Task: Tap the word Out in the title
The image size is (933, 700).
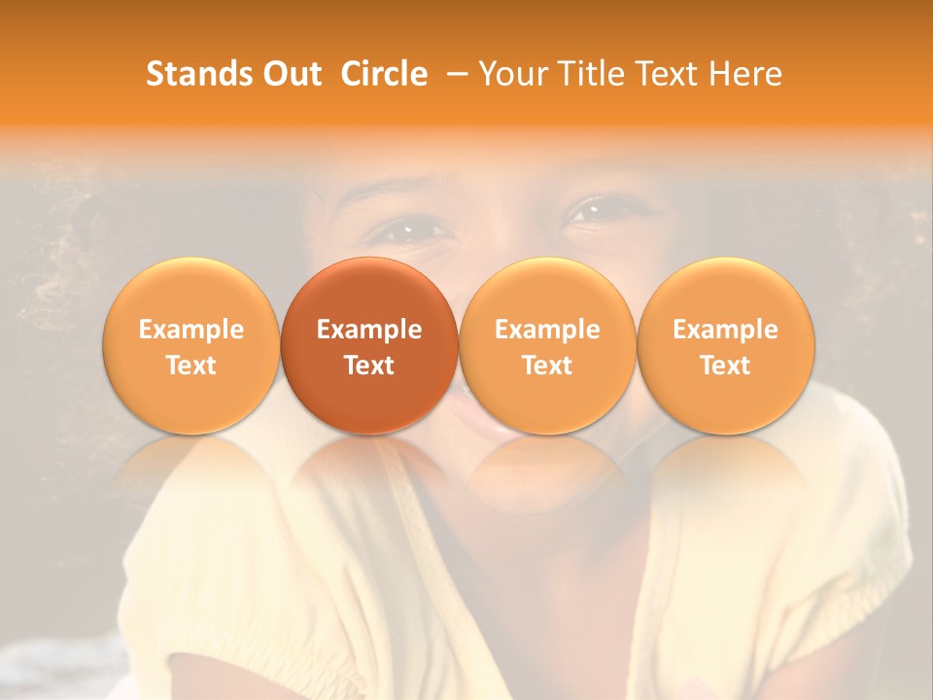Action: (x=291, y=74)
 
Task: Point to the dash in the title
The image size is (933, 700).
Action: (x=453, y=74)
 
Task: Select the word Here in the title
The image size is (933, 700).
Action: (x=745, y=74)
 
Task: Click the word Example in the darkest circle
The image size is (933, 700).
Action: (x=369, y=330)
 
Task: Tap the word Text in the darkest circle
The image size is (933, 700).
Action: (x=369, y=366)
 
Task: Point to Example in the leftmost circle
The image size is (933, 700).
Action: (x=191, y=330)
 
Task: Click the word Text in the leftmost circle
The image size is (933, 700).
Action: (x=191, y=366)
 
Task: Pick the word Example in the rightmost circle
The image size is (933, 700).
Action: (x=726, y=330)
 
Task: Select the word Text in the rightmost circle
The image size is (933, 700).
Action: (x=726, y=366)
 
